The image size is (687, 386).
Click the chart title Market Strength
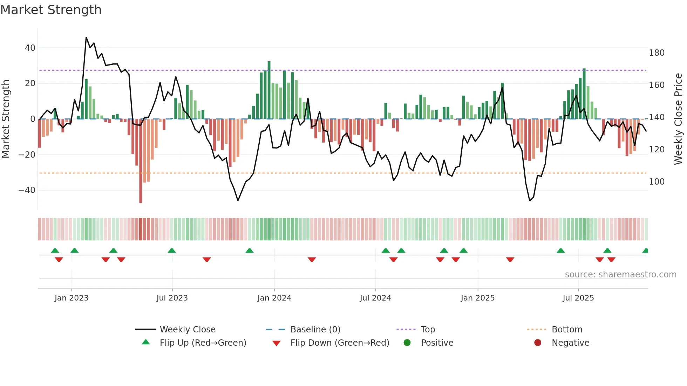coord(51,10)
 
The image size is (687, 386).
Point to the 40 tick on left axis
coord(30,48)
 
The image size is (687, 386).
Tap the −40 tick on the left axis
coord(27,190)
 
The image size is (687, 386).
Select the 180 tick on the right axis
coord(657,53)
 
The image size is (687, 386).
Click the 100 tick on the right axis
coord(657,182)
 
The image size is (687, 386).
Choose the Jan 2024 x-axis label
coord(274,298)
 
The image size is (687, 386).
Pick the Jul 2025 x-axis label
coord(578,298)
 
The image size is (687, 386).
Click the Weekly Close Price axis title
coord(678,119)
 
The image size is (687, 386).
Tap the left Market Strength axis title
coord(6,119)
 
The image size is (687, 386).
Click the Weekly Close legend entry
coord(188,330)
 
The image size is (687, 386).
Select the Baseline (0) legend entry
coord(315,330)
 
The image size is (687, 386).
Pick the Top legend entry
coord(428,330)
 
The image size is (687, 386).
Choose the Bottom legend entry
coord(567,330)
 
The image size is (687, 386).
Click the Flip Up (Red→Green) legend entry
coord(203,343)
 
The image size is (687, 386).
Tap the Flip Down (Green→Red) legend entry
coord(340,343)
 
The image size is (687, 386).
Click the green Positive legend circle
coord(407,343)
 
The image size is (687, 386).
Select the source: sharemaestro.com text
coord(620,275)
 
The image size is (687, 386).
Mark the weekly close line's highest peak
coord(86,37)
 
